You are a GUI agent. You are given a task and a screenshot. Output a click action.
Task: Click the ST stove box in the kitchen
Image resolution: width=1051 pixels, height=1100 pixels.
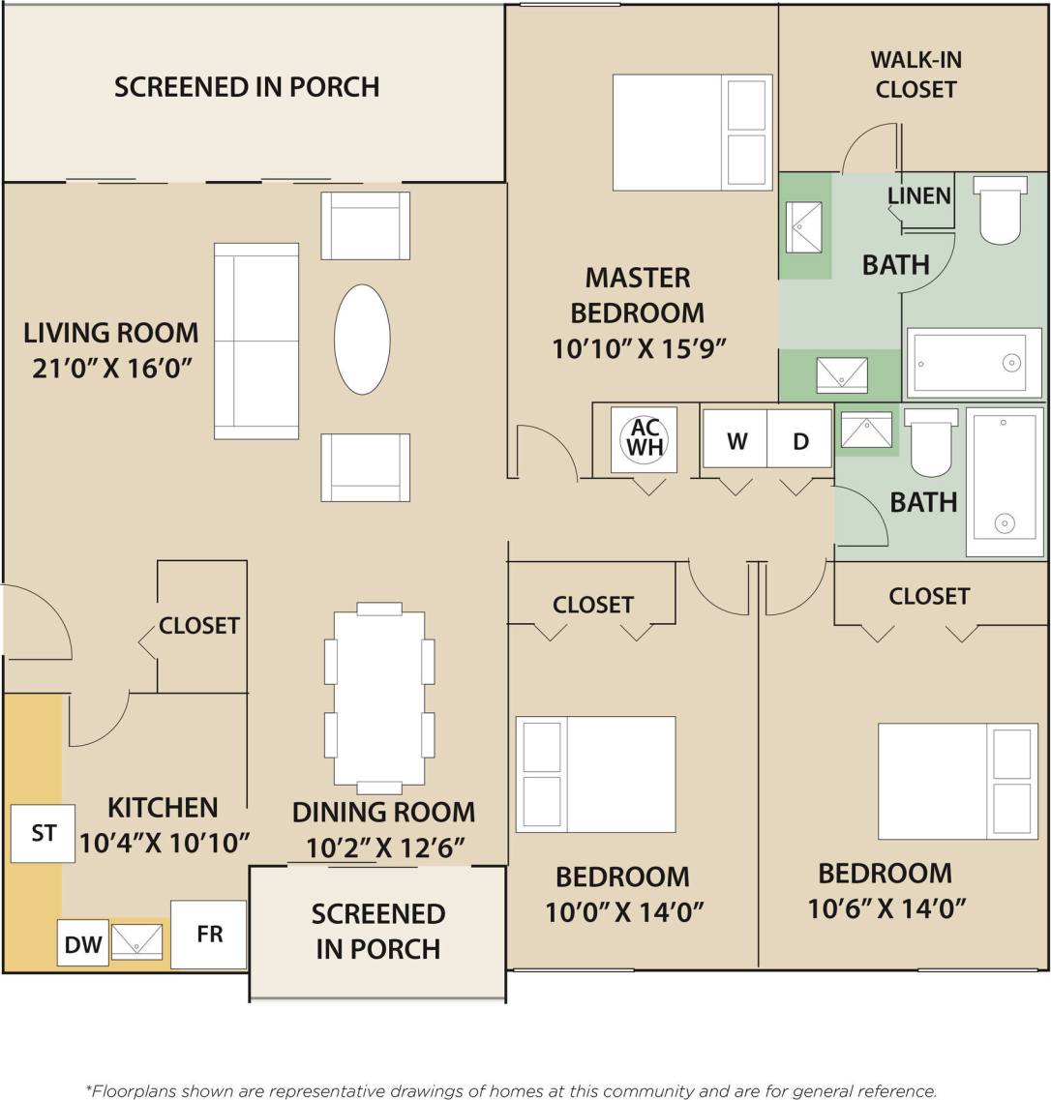[43, 833]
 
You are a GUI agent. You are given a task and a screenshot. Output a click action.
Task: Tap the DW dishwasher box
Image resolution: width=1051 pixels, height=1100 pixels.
[82, 942]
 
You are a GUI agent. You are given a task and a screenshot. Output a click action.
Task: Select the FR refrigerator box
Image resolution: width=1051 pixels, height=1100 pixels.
[209, 934]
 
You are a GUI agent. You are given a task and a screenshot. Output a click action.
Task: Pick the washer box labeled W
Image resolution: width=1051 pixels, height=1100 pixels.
[736, 440]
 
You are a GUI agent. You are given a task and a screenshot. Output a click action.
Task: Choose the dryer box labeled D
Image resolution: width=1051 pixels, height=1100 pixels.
[799, 440]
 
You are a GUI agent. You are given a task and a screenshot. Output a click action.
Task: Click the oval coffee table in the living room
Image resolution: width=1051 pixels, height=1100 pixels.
[362, 339]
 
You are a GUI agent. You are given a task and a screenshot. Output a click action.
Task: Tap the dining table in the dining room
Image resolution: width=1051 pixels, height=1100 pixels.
[378, 698]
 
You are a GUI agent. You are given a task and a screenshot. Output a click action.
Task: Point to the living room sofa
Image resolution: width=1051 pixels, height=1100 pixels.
[256, 341]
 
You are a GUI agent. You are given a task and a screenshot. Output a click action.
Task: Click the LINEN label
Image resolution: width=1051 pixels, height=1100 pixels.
[918, 195]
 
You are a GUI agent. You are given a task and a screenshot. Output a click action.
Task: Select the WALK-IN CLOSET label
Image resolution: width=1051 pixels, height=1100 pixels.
[915, 74]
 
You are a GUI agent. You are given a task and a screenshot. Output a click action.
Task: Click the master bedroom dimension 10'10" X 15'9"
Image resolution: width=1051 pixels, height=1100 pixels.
[639, 348]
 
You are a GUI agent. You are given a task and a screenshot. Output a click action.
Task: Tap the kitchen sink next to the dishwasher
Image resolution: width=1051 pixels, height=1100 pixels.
[136, 941]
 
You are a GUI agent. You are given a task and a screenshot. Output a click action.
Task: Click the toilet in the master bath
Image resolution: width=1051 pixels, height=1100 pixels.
[1001, 210]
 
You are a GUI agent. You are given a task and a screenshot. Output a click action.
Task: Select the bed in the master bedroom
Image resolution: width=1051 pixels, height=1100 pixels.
[692, 133]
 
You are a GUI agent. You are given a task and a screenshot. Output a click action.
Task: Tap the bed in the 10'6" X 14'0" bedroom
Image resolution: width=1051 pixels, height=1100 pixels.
[957, 781]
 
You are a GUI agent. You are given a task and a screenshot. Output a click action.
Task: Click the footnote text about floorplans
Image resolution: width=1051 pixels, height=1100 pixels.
[512, 1090]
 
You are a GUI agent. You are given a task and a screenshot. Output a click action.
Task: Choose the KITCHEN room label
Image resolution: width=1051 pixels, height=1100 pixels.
[163, 807]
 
